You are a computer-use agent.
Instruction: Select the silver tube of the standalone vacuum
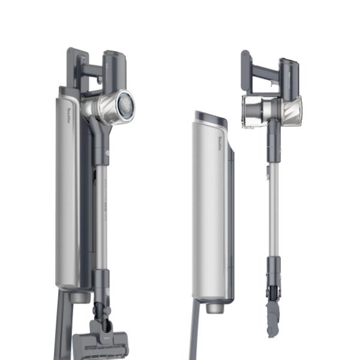tap(274, 204)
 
